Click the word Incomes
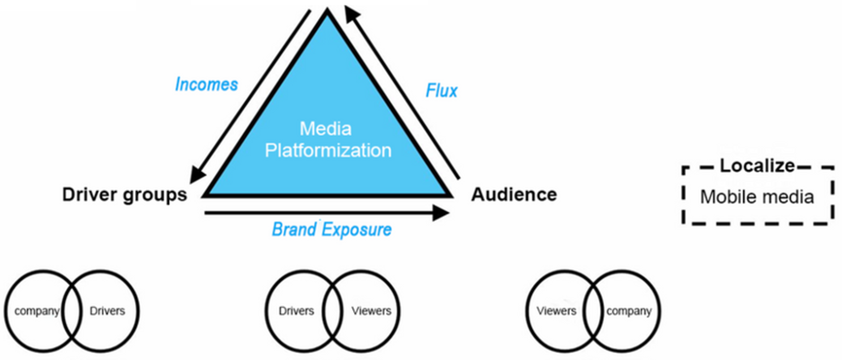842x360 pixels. (x=206, y=84)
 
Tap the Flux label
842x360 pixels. (x=441, y=91)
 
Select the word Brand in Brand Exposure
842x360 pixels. (x=294, y=229)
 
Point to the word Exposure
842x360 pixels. (x=357, y=229)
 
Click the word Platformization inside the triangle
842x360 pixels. (x=328, y=151)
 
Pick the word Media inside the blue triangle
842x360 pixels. (x=326, y=129)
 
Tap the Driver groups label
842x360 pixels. (x=125, y=195)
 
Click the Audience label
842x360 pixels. (x=514, y=195)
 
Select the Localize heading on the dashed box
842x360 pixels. (x=756, y=166)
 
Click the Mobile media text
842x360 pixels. (x=756, y=197)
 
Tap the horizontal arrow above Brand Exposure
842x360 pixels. (x=327, y=213)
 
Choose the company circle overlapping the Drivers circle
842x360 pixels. (x=5, y=311)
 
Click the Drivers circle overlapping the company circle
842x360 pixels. (x=139, y=311)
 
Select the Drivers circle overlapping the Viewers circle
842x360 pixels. (x=266, y=311)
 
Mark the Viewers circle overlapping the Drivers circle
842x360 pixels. (x=400, y=311)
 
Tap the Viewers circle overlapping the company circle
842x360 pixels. (x=526, y=311)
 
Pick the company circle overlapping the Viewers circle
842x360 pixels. (x=660, y=311)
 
